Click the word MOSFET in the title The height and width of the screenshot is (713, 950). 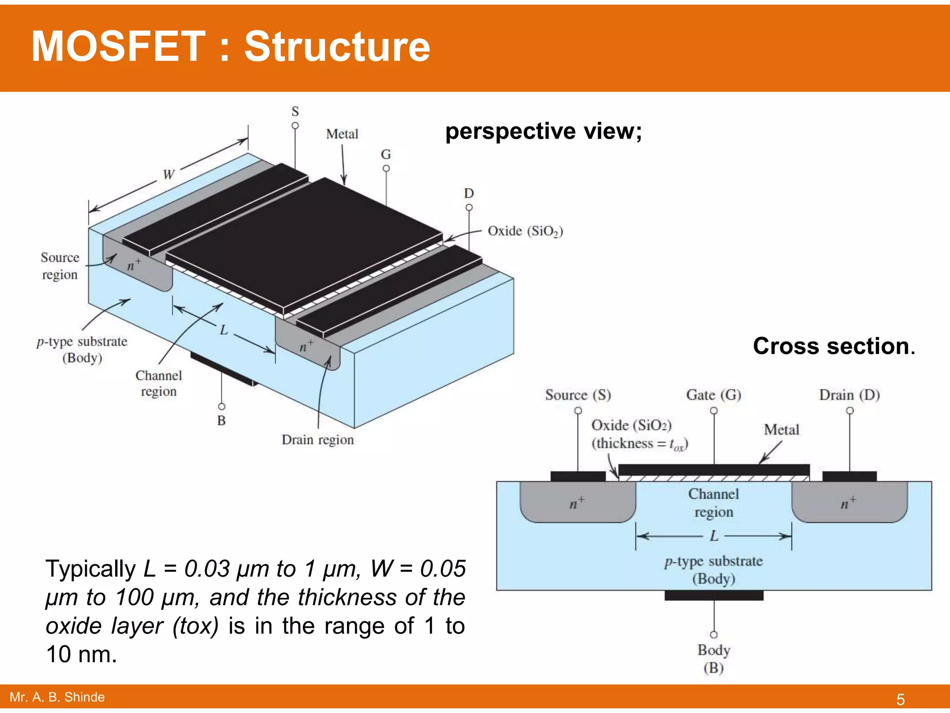tap(118, 46)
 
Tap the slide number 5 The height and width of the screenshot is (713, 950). tap(900, 699)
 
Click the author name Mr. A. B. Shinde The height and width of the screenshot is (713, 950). tap(57, 697)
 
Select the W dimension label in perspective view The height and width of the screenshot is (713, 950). tap(168, 175)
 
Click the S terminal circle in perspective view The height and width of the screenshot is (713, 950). tap(295, 126)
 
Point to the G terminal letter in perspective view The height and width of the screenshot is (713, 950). tap(386, 154)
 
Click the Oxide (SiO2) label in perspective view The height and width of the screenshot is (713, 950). tap(525, 231)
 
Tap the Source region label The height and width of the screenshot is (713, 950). tap(60, 266)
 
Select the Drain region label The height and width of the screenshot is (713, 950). tap(318, 440)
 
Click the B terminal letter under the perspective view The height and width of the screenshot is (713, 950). tap(222, 421)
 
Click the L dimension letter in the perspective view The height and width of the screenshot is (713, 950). tap(224, 330)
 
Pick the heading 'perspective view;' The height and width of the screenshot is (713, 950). tap(543, 131)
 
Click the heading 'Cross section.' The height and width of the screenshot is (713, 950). tap(834, 346)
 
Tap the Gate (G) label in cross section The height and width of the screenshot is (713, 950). tap(713, 395)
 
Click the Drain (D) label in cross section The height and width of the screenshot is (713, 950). tap(849, 395)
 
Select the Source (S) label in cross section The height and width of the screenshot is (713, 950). tap(578, 395)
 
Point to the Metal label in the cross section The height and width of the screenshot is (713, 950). tap(782, 430)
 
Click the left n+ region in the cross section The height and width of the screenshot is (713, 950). tap(577, 503)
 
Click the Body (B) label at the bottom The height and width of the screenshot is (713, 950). tap(714, 659)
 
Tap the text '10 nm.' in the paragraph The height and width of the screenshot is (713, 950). tap(82, 655)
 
